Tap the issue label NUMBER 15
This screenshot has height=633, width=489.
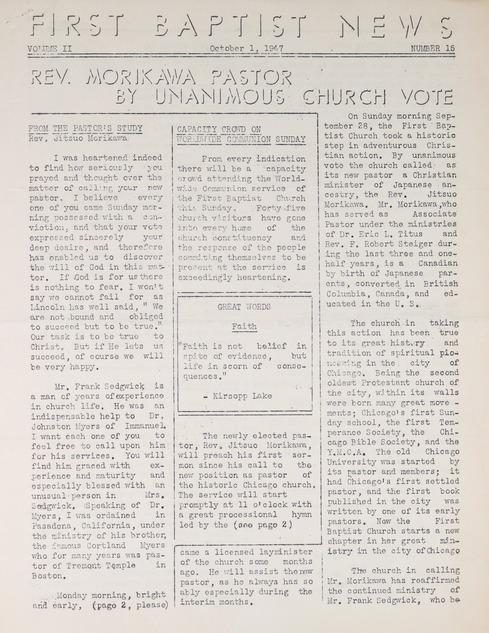click(432, 48)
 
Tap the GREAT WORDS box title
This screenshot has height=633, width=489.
click(244, 307)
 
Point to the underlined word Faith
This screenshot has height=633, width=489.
click(244, 326)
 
